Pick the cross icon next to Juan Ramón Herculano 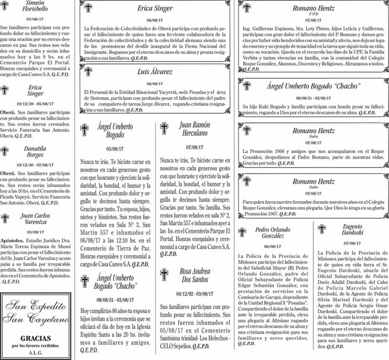[x=165, y=129]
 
